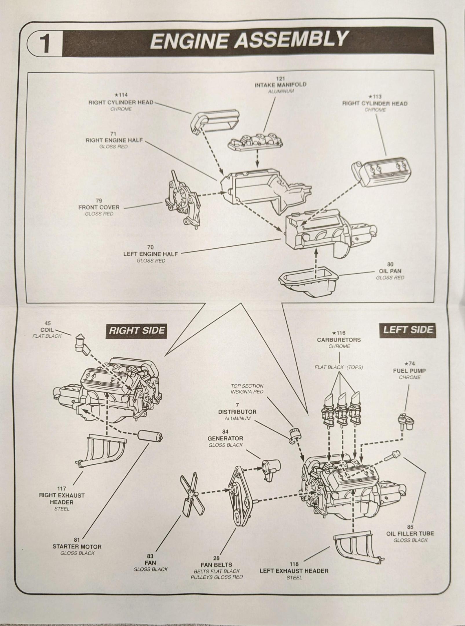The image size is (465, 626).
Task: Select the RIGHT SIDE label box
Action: point(137,330)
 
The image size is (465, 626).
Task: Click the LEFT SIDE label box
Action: point(408,330)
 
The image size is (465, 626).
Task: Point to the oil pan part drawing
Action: point(309,283)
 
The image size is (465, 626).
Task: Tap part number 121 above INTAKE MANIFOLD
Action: point(280,79)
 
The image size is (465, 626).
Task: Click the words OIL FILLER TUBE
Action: point(410,534)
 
